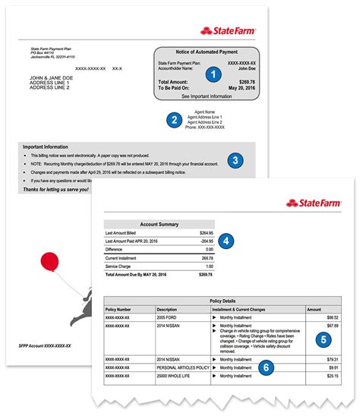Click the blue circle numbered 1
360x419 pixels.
[213, 74]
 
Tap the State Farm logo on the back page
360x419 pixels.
[229, 31]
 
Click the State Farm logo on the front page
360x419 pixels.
[313, 203]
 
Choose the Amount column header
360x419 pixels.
[314, 309]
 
